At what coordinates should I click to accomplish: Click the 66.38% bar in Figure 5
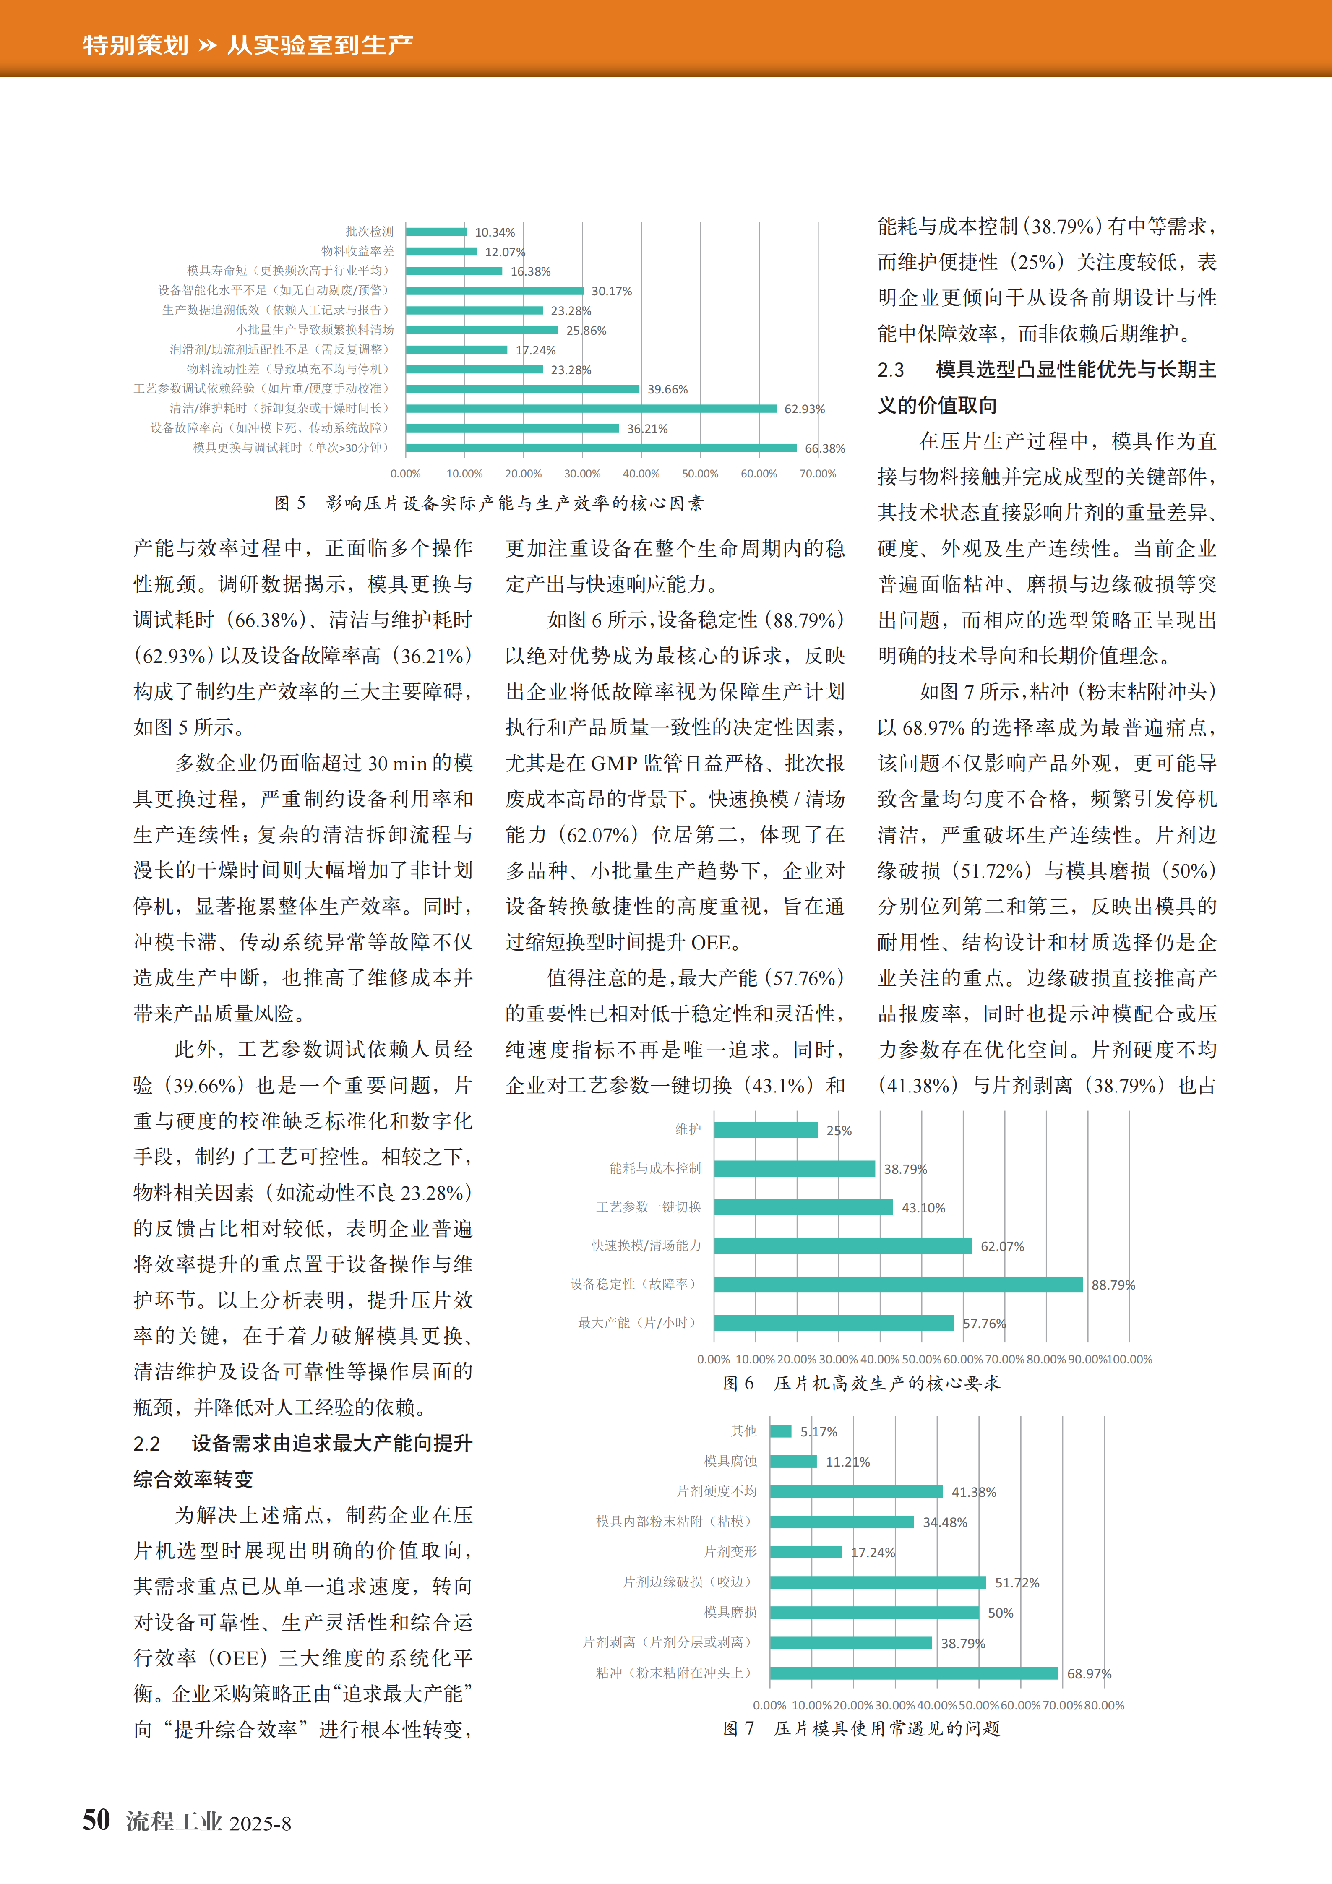pyautogui.click(x=601, y=447)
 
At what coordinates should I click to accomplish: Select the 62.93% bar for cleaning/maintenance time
pyautogui.click(x=591, y=408)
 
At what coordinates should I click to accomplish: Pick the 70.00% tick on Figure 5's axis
pyautogui.click(x=817, y=474)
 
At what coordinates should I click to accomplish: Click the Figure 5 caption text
pyautogui.click(x=489, y=503)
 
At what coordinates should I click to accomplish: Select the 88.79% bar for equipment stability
pyautogui.click(x=898, y=1284)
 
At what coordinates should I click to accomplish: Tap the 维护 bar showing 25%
pyautogui.click(x=766, y=1130)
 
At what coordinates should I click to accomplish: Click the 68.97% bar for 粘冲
pyautogui.click(x=913, y=1673)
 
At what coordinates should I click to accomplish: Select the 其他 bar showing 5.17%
pyautogui.click(x=780, y=1431)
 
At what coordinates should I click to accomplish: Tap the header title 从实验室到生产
pyautogui.click(x=320, y=44)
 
